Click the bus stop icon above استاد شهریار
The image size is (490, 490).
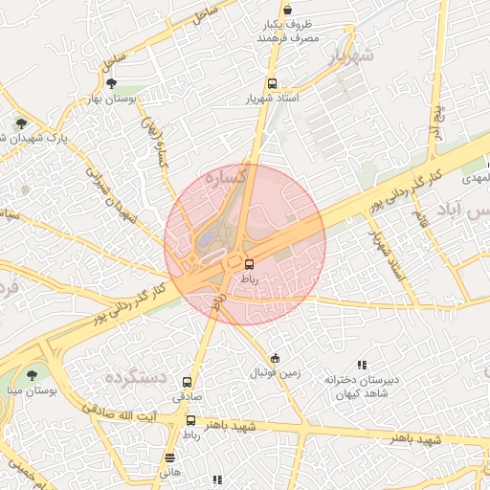pos(273,83)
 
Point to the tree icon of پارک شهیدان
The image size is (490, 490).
pos(21,122)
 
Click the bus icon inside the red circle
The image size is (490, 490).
pos(250,263)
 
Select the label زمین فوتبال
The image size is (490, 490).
pos(276,371)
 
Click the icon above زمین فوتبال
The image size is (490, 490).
pos(276,357)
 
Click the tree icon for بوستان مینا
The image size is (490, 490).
pos(33,376)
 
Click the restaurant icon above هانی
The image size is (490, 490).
pos(169,457)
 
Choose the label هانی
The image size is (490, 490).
pos(169,472)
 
